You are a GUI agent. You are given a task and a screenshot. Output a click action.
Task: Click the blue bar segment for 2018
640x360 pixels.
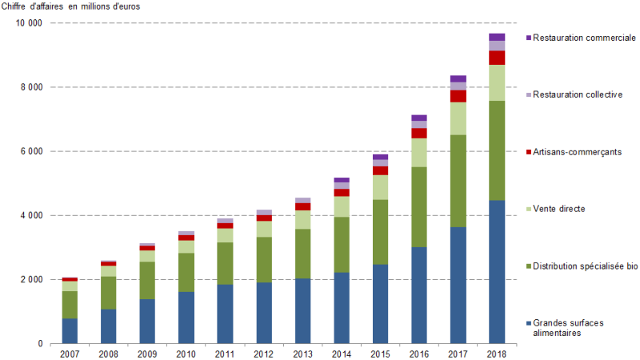click(x=497, y=272)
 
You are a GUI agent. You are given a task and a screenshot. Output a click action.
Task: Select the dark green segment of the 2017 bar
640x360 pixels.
click(x=458, y=181)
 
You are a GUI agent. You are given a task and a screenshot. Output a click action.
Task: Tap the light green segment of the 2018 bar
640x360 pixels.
click(x=497, y=82)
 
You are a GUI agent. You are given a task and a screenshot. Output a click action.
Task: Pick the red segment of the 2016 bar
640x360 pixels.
click(x=419, y=134)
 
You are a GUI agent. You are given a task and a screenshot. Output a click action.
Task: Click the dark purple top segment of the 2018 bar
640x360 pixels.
click(x=497, y=37)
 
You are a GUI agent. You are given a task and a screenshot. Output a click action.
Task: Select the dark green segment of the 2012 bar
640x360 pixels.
click(x=264, y=259)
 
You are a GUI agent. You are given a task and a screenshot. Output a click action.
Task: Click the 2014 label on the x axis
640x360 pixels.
click(x=342, y=352)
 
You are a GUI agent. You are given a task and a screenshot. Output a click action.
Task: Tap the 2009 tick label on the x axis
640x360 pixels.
click(x=147, y=352)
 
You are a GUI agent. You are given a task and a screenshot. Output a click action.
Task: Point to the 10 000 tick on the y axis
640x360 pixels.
click(x=29, y=23)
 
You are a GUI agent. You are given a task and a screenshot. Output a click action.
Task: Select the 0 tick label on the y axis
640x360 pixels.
click(x=39, y=344)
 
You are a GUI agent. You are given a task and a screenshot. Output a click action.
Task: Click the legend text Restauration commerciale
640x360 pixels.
click(x=584, y=38)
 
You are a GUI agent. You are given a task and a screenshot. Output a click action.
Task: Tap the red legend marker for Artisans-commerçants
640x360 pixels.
click(x=529, y=152)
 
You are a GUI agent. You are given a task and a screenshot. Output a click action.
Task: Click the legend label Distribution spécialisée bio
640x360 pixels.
click(x=587, y=266)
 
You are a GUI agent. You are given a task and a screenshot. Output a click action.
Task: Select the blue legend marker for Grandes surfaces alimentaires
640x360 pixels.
click(x=529, y=323)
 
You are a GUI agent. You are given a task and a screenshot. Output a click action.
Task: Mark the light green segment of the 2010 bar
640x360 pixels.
click(x=186, y=246)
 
